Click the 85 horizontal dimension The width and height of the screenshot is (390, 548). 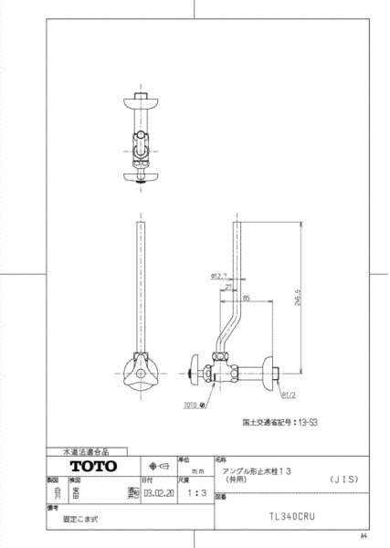247,298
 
